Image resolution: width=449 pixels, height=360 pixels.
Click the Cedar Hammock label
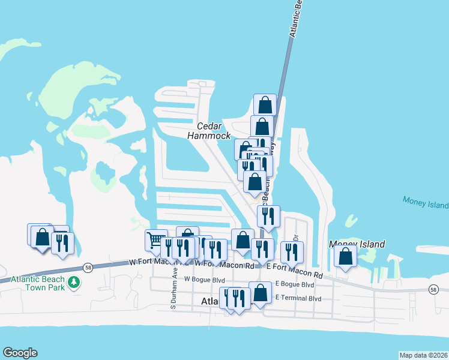click(208, 131)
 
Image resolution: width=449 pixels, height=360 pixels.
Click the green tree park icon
click(74, 282)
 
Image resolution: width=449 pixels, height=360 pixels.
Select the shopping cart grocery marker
click(156, 240)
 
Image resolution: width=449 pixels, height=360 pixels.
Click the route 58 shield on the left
click(88, 268)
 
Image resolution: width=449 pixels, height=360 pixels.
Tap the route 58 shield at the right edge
click(433, 290)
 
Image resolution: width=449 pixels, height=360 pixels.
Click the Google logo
click(20, 353)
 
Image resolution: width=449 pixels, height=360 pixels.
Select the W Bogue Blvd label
click(204, 280)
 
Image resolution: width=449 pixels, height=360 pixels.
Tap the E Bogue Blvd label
click(294, 284)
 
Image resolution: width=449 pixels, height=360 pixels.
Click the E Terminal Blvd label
click(298, 298)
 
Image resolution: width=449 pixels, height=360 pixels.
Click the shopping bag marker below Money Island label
click(346, 256)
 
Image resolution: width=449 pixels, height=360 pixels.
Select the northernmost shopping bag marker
click(265, 105)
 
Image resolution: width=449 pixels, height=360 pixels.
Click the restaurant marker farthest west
click(62, 243)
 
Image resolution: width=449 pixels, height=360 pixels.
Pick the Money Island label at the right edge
click(426, 205)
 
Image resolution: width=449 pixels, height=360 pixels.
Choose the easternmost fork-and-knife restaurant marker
click(292, 251)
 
